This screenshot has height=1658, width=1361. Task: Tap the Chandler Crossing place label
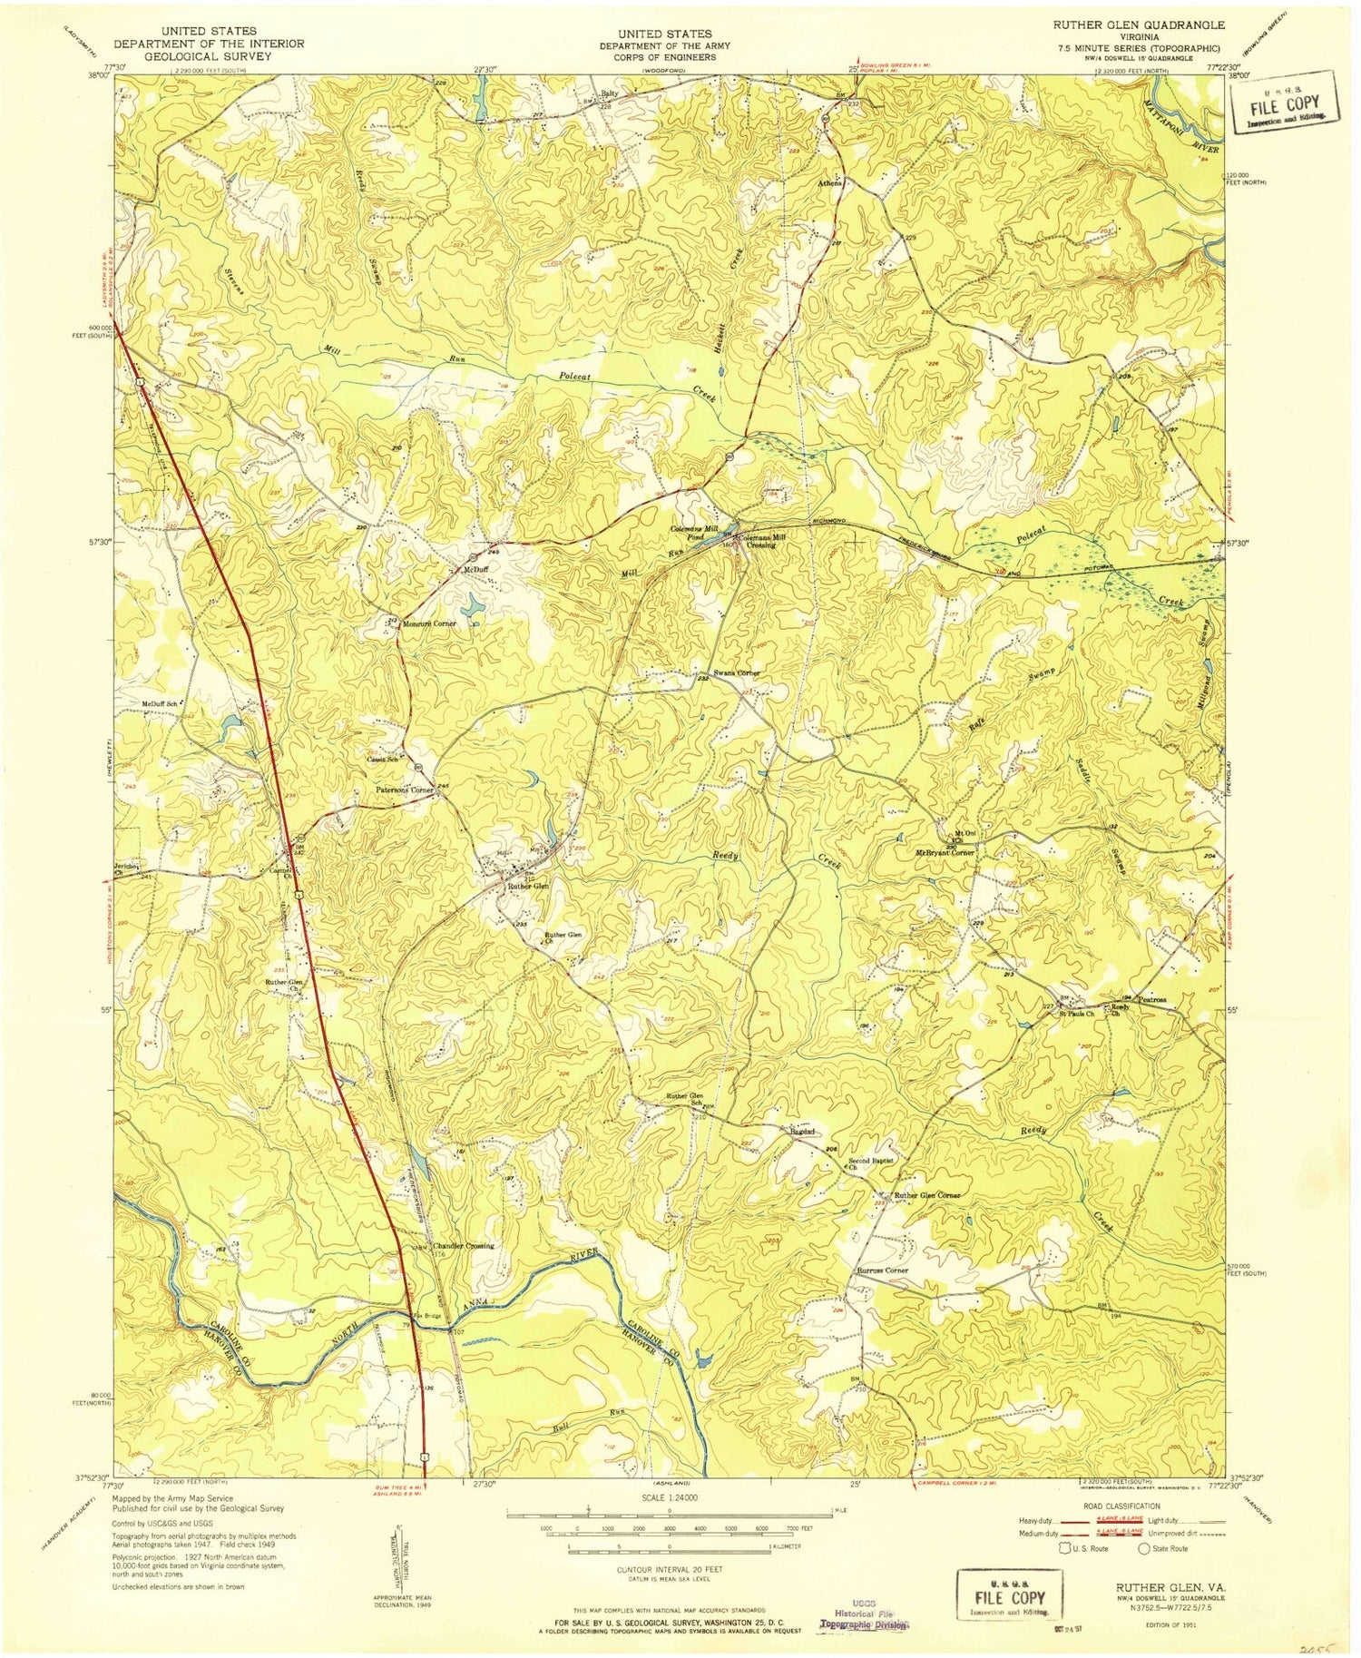(464, 1246)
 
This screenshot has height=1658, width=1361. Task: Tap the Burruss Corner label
(883, 1270)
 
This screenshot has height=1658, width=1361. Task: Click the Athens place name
(829, 183)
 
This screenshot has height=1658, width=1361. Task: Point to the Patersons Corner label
(406, 790)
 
